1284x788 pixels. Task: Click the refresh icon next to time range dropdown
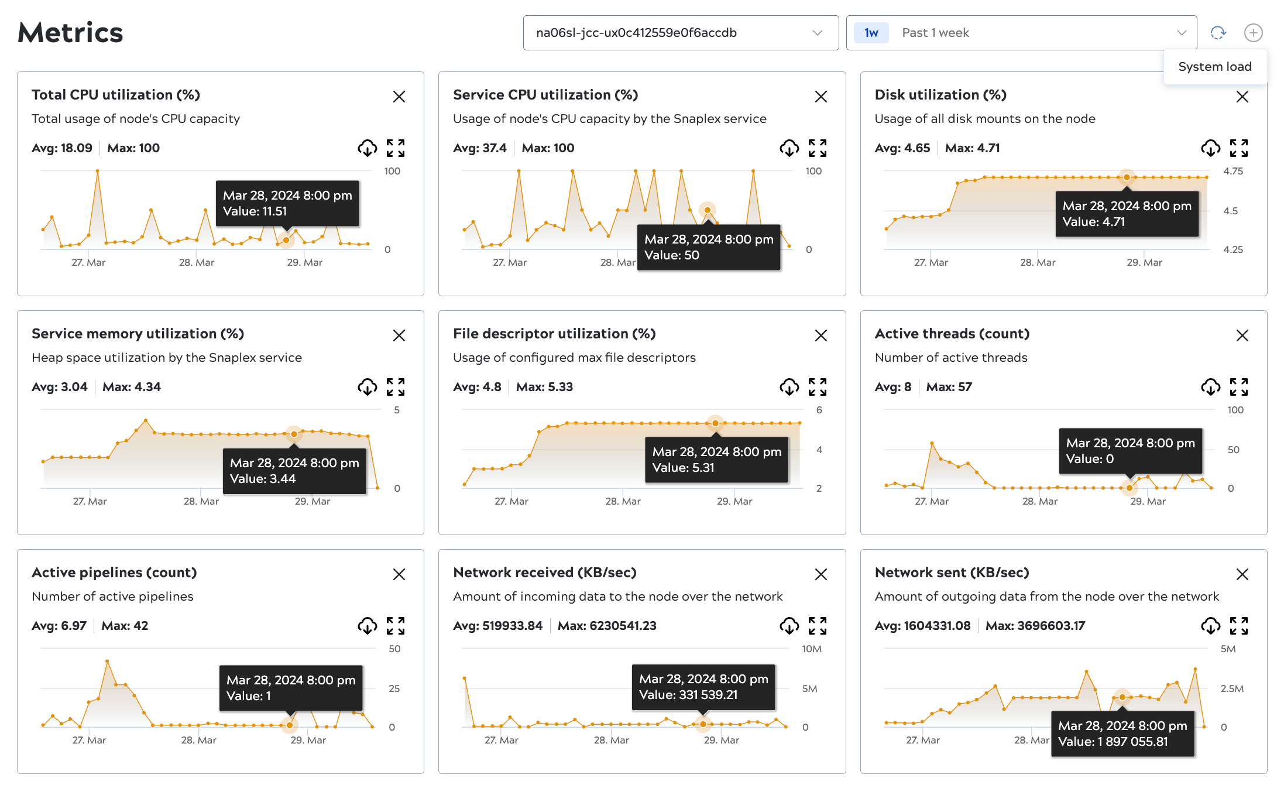pos(1218,33)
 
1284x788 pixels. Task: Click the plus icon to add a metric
pos(1253,33)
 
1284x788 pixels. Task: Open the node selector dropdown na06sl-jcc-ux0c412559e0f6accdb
pos(680,33)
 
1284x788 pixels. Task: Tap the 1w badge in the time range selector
pos(871,33)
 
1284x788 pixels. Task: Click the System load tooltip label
pos(1214,67)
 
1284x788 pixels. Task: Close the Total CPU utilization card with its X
pos(399,97)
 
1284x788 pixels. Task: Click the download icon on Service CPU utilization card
pos(789,148)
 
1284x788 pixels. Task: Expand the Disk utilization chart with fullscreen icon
pos(1239,148)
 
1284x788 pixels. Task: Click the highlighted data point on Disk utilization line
pos(1127,177)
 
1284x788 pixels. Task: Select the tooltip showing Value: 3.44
pos(294,471)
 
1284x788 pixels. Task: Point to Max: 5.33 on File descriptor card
pos(544,387)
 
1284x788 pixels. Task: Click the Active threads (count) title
pos(952,334)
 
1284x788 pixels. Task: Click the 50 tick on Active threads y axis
pos(1233,450)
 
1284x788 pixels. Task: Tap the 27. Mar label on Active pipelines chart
pos(89,740)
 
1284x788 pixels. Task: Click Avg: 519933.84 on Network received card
pos(497,626)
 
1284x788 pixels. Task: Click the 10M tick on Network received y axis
pos(811,649)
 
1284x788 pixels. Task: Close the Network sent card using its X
pos(1242,574)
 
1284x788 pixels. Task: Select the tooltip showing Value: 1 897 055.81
pos(1122,734)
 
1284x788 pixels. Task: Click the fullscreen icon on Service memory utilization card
pos(396,387)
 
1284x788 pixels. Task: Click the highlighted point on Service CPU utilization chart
pos(708,210)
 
